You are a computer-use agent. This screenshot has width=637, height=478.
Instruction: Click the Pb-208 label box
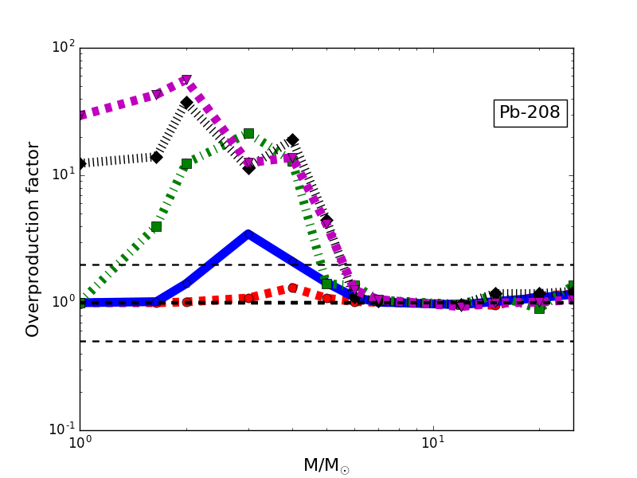530,113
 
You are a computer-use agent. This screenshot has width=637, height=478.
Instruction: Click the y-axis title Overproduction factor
33,239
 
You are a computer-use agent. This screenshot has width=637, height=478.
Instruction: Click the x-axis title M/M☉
326,465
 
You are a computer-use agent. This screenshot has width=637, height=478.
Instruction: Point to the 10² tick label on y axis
64,47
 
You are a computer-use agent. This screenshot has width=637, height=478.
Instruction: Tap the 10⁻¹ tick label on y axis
62,429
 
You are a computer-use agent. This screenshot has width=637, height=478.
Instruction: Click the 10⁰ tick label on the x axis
80,443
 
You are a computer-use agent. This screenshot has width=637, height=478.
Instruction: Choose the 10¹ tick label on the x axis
432,443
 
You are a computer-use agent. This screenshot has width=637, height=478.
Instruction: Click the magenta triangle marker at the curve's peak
186,80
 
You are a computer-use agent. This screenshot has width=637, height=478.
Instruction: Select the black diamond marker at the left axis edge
80,163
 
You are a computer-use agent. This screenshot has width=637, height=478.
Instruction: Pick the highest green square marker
248,133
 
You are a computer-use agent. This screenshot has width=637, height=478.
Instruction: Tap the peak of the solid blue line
248,234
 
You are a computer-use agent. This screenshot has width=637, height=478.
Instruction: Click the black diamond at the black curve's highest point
186,103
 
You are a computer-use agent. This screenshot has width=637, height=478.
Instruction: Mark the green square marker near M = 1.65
156,226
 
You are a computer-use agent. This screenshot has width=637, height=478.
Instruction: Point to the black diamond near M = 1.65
156,157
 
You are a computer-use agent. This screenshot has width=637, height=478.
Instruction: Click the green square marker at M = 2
186,163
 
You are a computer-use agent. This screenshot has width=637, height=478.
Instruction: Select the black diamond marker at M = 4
292,139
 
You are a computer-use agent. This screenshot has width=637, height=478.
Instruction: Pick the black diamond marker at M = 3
248,168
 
